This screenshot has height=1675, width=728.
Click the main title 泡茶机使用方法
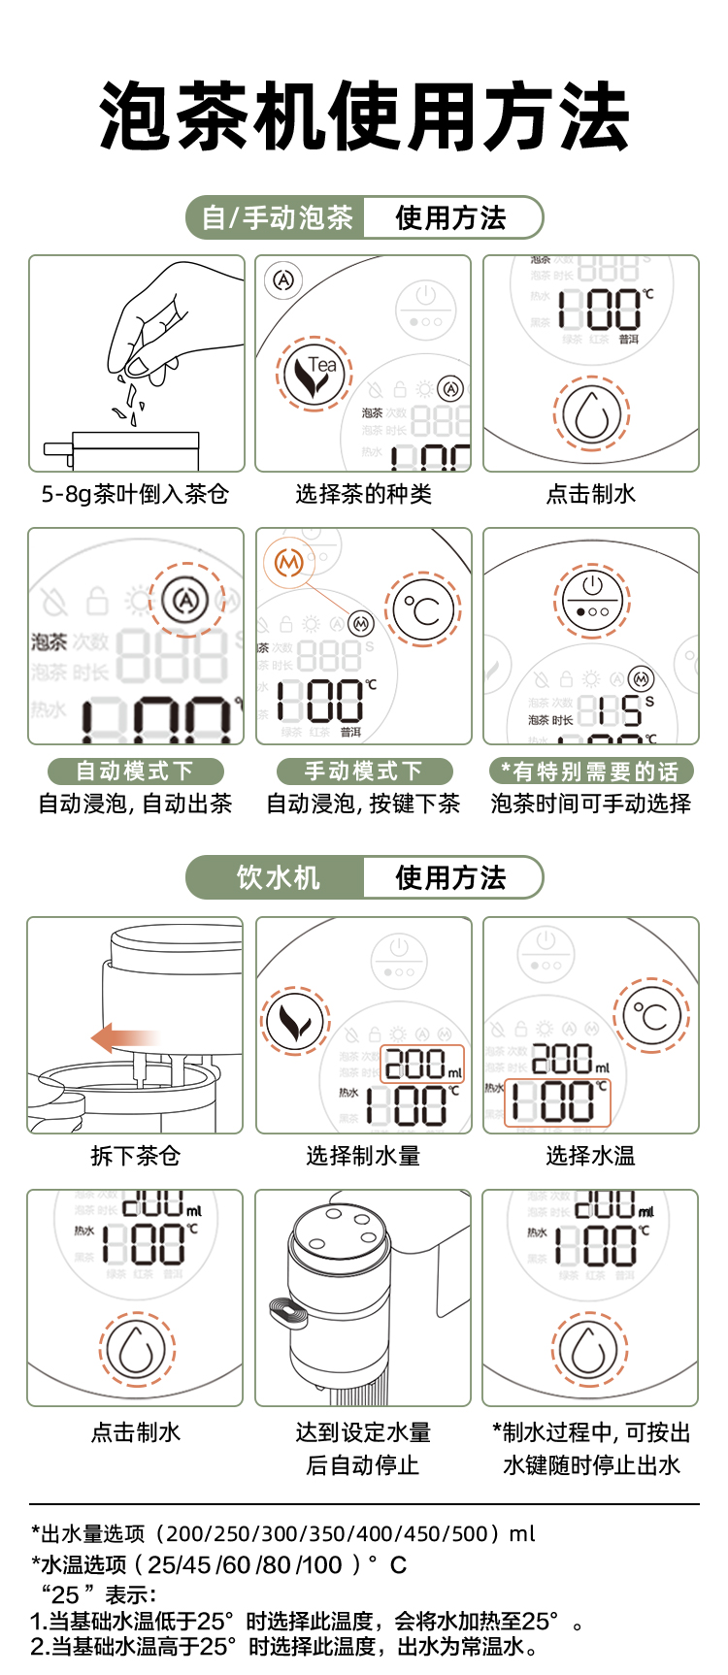(x=364, y=116)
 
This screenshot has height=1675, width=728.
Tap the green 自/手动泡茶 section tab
(x=277, y=217)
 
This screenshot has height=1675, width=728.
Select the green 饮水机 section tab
(x=277, y=877)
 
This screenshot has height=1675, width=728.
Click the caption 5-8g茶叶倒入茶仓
(x=135, y=494)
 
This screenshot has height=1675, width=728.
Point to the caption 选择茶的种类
(x=363, y=494)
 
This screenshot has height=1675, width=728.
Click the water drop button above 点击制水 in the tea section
(x=591, y=412)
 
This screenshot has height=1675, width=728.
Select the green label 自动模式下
(x=135, y=772)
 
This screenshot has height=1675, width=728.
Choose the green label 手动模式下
(x=364, y=772)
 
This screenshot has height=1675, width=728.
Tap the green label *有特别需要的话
(x=590, y=772)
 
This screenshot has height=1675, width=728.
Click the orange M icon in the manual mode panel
(x=288, y=562)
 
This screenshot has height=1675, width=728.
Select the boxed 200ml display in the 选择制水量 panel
(x=424, y=1064)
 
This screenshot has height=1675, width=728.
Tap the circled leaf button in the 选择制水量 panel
(x=295, y=1022)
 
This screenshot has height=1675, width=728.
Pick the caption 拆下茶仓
(x=135, y=1156)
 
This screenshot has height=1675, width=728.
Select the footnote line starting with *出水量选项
(x=282, y=1533)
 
